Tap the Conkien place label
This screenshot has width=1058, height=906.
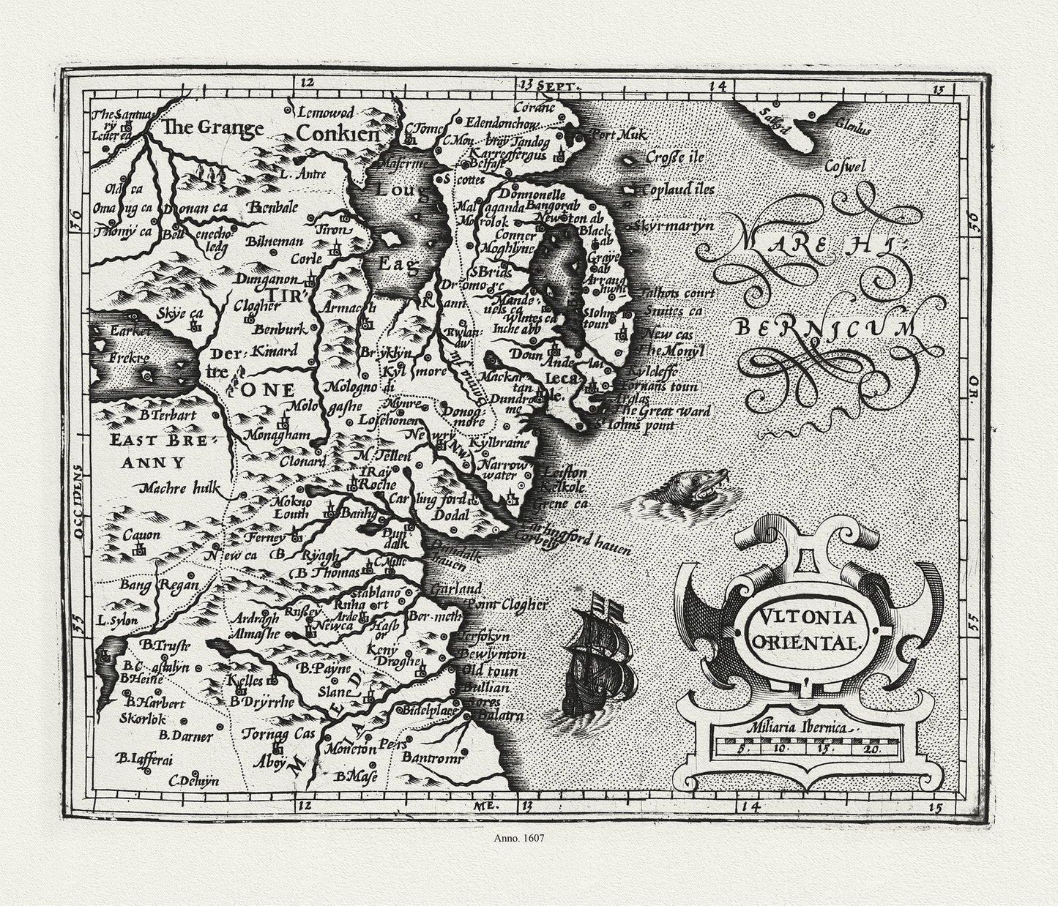click(x=338, y=134)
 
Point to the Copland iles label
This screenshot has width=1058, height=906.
click(x=677, y=190)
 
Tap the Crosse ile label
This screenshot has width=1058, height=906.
click(x=674, y=157)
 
